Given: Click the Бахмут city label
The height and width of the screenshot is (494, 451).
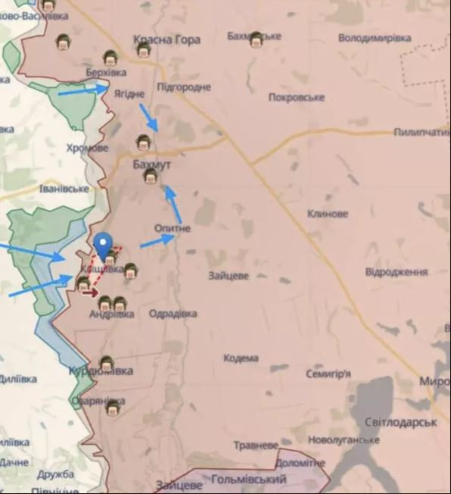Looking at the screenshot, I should pyautogui.click(x=151, y=164).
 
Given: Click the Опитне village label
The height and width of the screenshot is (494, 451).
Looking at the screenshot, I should pyautogui.click(x=173, y=228).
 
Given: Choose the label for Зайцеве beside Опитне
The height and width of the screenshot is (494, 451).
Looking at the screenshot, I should pyautogui.click(x=229, y=276).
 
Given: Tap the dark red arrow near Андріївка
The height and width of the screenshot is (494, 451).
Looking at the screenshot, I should pyautogui.click(x=90, y=292).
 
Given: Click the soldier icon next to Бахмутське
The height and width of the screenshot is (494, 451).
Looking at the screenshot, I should pyautogui.click(x=257, y=39).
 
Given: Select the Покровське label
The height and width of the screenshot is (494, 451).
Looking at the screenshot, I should pyautogui.click(x=297, y=97).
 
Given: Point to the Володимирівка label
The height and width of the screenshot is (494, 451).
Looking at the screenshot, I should pyautogui.click(x=375, y=38).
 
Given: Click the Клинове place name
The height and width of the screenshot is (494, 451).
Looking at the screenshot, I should pyautogui.click(x=328, y=214).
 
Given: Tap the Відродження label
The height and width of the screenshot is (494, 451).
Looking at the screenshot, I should pyautogui.click(x=397, y=271).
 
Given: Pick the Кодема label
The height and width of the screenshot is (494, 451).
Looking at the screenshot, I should pyautogui.click(x=241, y=358).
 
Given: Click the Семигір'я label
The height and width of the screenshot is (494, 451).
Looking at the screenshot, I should pyautogui.click(x=328, y=374).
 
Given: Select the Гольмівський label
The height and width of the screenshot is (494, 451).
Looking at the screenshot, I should pyautogui.click(x=249, y=480).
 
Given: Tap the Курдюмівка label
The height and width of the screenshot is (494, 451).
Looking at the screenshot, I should pyautogui.click(x=101, y=371).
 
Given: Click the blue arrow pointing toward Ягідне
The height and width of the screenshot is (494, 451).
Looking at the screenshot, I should pyautogui.click(x=83, y=90).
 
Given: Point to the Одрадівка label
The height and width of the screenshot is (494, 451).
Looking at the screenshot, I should pyautogui.click(x=173, y=314).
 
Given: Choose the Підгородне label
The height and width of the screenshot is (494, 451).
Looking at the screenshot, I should pyautogui.click(x=184, y=87).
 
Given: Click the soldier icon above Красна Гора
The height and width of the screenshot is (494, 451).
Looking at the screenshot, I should pyautogui.click(x=144, y=50).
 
